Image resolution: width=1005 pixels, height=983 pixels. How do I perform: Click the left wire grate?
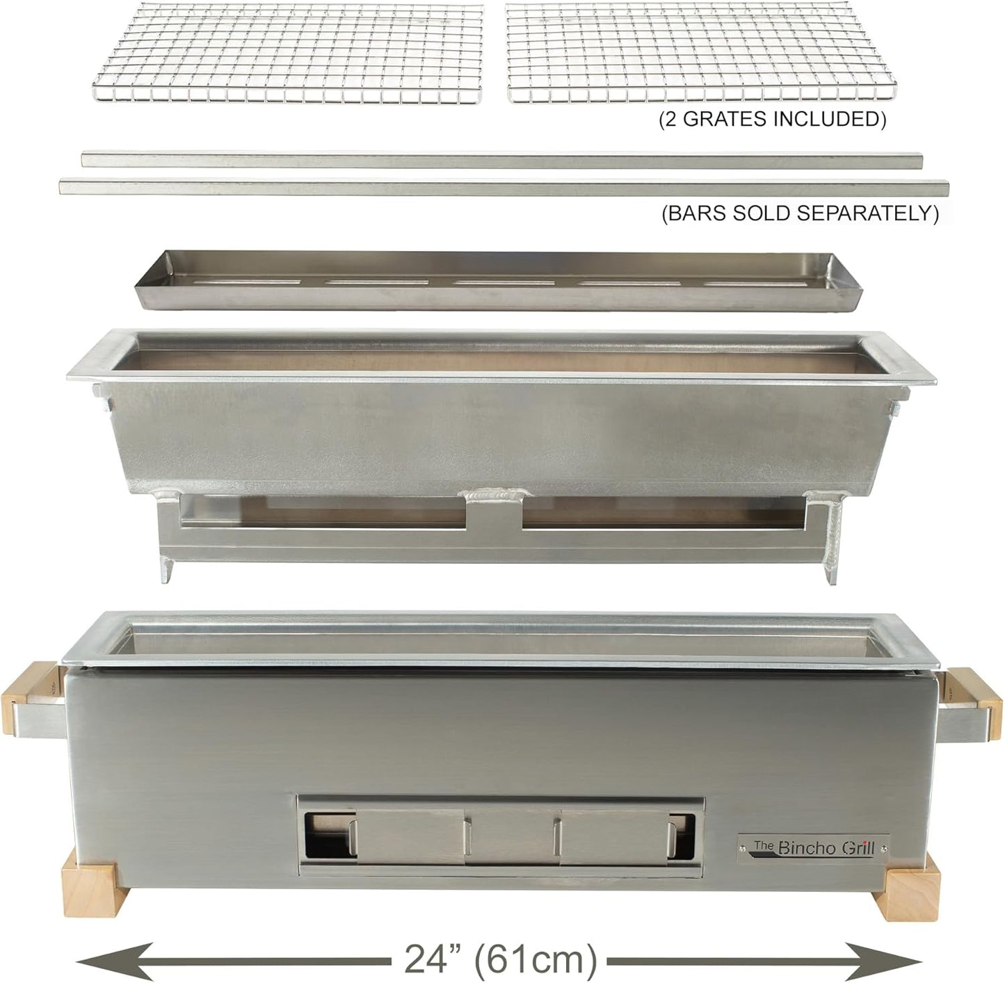287,54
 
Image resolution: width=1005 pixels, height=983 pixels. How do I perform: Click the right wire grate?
702,54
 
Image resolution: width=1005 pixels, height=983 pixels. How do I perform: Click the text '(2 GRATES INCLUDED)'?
772,119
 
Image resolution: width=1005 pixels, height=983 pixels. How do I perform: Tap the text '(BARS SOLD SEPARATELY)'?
800,213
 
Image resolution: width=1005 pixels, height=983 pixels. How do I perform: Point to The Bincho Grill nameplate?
813,847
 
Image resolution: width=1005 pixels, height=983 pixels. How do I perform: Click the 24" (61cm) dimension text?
500,959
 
